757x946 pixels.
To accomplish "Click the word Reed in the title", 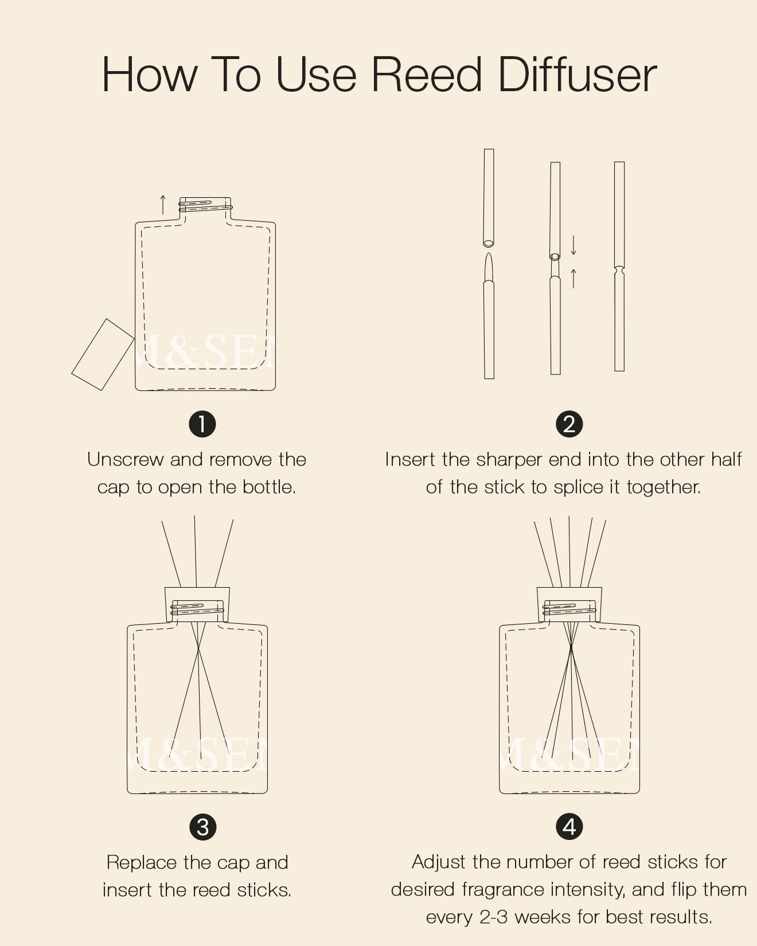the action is (x=427, y=75).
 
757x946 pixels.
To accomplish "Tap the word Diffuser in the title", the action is (x=577, y=75).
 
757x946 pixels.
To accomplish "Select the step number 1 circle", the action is (x=202, y=424).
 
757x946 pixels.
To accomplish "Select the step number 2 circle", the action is (x=569, y=424).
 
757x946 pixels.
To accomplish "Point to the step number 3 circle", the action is (x=202, y=827).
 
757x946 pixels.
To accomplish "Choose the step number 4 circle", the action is (x=569, y=826).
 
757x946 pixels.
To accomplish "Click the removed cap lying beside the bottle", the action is (x=103, y=354).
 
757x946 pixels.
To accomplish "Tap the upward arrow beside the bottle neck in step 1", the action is (x=163, y=205).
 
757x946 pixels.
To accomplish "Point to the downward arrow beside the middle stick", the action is (x=573, y=245).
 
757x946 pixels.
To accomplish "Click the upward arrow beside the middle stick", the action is (x=573, y=278).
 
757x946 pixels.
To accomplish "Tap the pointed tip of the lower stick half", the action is (x=489, y=254).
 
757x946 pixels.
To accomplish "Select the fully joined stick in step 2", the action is (x=619, y=267).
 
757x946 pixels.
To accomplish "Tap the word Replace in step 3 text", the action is (x=142, y=862).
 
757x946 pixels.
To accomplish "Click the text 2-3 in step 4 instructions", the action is (x=494, y=917).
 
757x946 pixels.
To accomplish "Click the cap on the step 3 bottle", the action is (x=197, y=604).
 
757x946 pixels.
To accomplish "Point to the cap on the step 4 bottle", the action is (x=569, y=604).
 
